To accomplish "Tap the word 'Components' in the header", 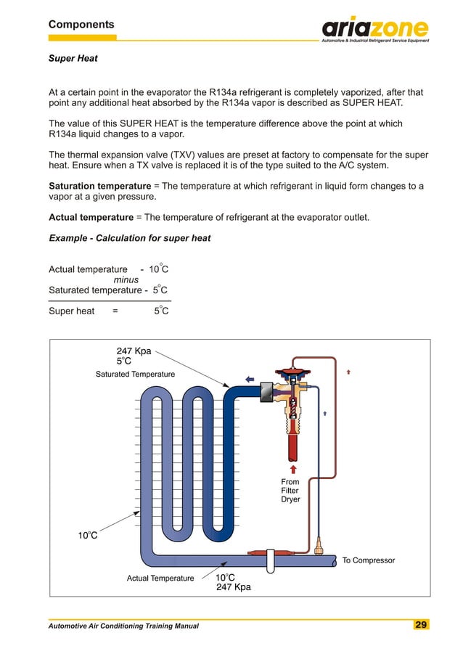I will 81,25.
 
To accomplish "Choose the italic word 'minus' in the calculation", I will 126,280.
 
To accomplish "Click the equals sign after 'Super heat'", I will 115,311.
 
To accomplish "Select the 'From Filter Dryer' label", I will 290,490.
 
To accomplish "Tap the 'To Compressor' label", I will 368,560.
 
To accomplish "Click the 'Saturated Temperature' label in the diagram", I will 135,374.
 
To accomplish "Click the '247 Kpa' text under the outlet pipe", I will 233,587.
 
